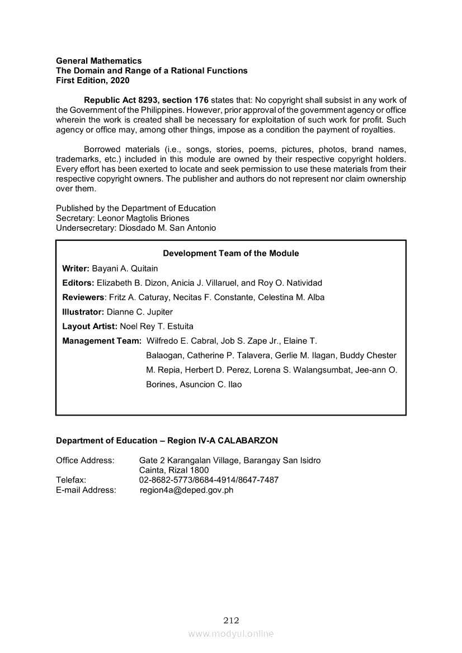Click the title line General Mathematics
[98, 61]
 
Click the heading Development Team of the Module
[231, 254]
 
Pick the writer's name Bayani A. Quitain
[125, 268]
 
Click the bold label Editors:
[78, 283]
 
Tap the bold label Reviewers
[83, 297]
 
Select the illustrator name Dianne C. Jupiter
[140, 312]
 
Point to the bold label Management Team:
[102, 341]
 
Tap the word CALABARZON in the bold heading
[247, 441]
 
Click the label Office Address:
[85, 461]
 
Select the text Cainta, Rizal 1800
[174, 470]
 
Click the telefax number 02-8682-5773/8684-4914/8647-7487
[209, 480]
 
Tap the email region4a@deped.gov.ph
[186, 490]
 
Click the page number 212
[231, 621]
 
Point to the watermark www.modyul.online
[231, 634]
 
